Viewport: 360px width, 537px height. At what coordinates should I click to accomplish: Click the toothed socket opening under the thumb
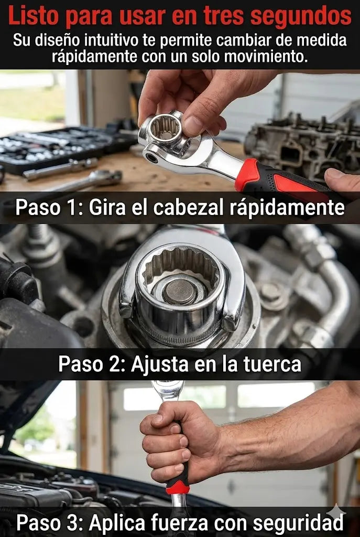[166, 127]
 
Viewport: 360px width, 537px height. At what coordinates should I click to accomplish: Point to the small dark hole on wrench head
[151, 157]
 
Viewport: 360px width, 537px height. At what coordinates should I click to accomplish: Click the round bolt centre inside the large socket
[180, 291]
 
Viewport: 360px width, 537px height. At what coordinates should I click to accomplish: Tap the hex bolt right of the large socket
[271, 292]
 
